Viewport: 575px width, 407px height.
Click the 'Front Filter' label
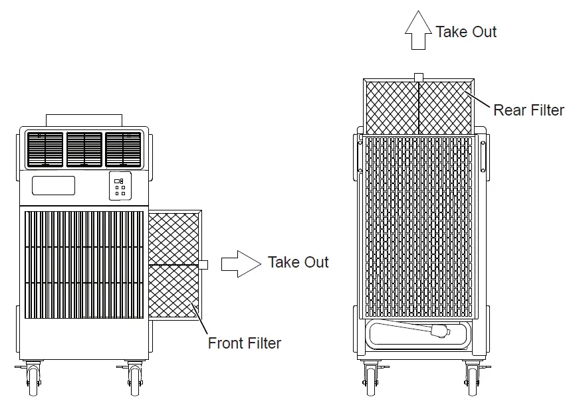(244, 343)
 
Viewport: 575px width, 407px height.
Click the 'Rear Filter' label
(528, 110)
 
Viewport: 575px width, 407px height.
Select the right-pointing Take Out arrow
(240, 263)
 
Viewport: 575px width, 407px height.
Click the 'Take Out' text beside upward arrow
(466, 31)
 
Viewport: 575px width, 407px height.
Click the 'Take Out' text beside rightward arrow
(298, 262)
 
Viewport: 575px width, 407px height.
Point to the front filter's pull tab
(203, 264)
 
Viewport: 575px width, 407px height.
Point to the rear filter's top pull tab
(418, 77)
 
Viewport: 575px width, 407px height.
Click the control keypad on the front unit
(120, 188)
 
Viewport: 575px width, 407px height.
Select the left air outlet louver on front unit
(45, 149)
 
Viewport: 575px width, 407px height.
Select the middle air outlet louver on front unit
(84, 149)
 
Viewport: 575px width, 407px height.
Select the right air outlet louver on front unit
(124, 149)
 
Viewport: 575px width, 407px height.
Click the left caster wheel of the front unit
(31, 382)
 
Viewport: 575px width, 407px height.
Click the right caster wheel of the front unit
(136, 382)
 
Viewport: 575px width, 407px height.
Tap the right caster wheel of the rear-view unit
(473, 382)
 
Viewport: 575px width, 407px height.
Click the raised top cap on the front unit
(84, 120)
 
